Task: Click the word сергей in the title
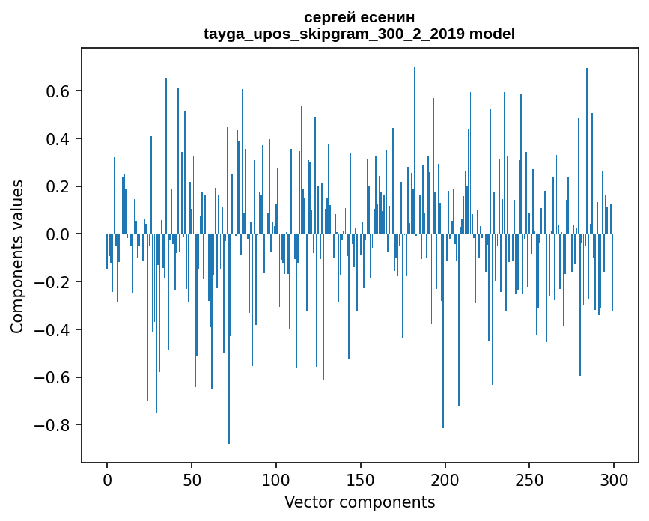(x=329, y=17)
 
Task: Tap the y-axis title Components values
(x=17, y=256)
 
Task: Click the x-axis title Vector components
(x=359, y=502)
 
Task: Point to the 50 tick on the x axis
(x=192, y=479)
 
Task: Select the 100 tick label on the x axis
(x=276, y=479)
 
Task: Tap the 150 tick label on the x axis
(x=361, y=479)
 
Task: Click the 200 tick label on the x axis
(x=445, y=479)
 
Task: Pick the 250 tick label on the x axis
(x=530, y=479)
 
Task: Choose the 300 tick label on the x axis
(x=614, y=479)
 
